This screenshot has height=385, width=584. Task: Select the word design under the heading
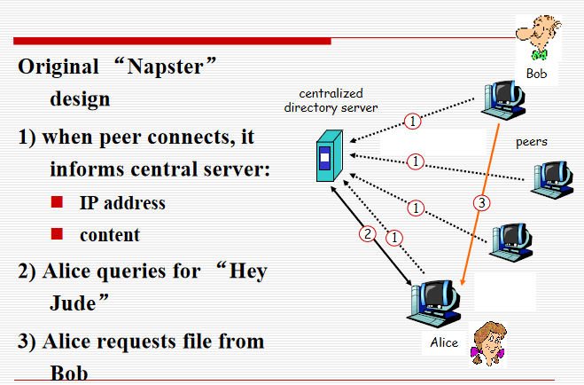pyautogui.click(x=80, y=98)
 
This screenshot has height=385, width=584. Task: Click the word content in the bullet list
pyautogui.click(x=110, y=235)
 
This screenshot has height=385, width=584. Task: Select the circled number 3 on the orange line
pyautogui.click(x=481, y=204)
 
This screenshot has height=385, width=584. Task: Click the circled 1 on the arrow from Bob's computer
pyautogui.click(x=411, y=122)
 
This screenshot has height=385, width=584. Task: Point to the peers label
pyautogui.click(x=532, y=141)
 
